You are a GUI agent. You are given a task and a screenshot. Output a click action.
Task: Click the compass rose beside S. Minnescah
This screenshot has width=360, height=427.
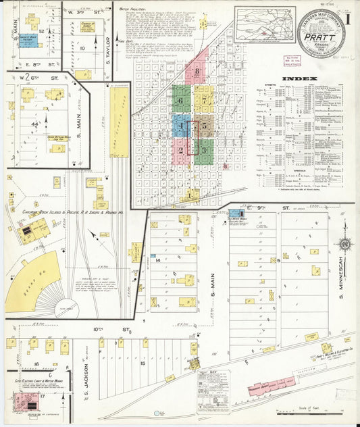click(344, 245)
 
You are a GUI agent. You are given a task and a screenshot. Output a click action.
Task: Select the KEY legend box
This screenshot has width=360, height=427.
click(213, 391)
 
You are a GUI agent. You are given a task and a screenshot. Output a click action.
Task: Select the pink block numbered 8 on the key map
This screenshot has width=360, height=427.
click(197, 71)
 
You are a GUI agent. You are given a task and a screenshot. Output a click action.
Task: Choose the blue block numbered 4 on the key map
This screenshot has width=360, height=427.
click(181, 126)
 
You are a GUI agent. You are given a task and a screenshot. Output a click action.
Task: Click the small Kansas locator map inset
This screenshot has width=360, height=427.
click(264, 24)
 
